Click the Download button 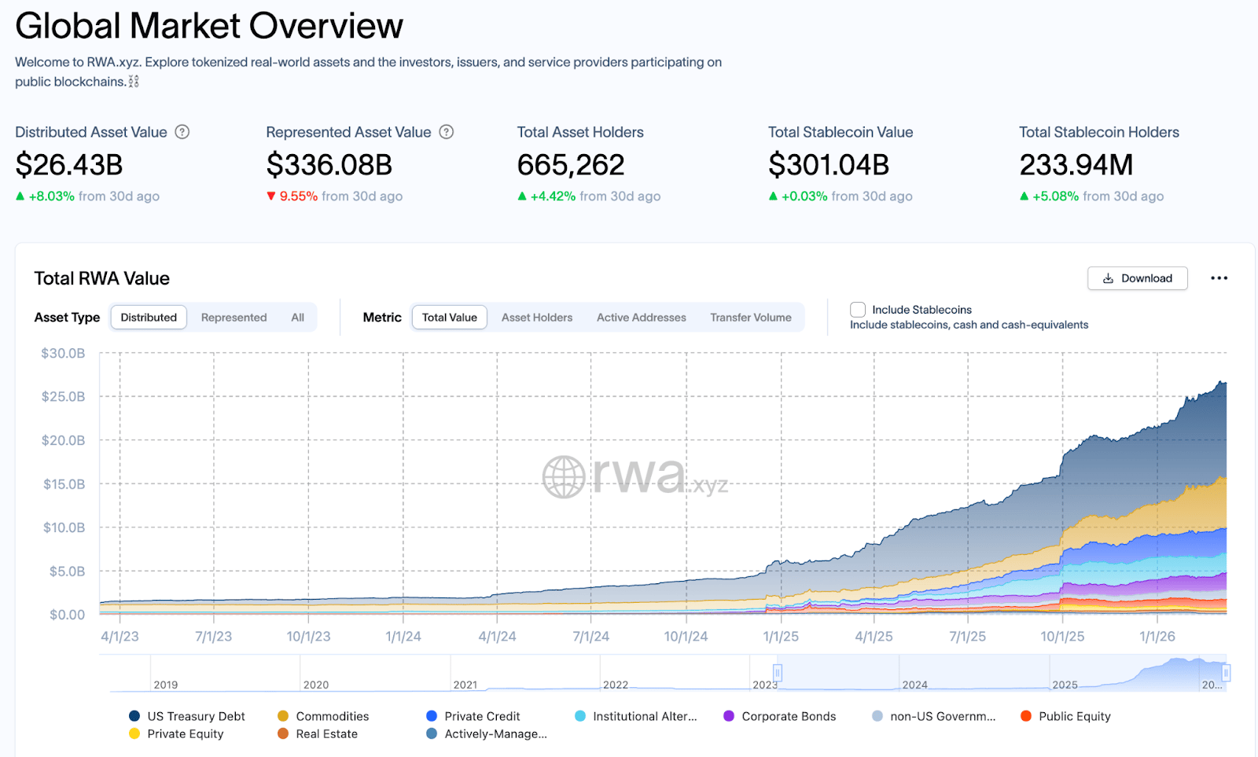1137,278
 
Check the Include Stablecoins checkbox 858,310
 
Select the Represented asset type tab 234,318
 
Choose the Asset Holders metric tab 537,318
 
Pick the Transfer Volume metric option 750,318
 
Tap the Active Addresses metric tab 641,318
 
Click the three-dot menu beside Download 1219,278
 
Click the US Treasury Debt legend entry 196,716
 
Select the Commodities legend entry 332,716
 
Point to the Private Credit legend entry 481,716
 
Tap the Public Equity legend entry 1074,716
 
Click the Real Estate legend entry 326,734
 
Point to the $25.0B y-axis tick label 63,397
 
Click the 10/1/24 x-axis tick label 686,637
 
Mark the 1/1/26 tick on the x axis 1157,637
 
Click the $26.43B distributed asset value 69,165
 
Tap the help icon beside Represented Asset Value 447,132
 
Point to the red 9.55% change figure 298,197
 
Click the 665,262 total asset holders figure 571,165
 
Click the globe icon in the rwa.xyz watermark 564,477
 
